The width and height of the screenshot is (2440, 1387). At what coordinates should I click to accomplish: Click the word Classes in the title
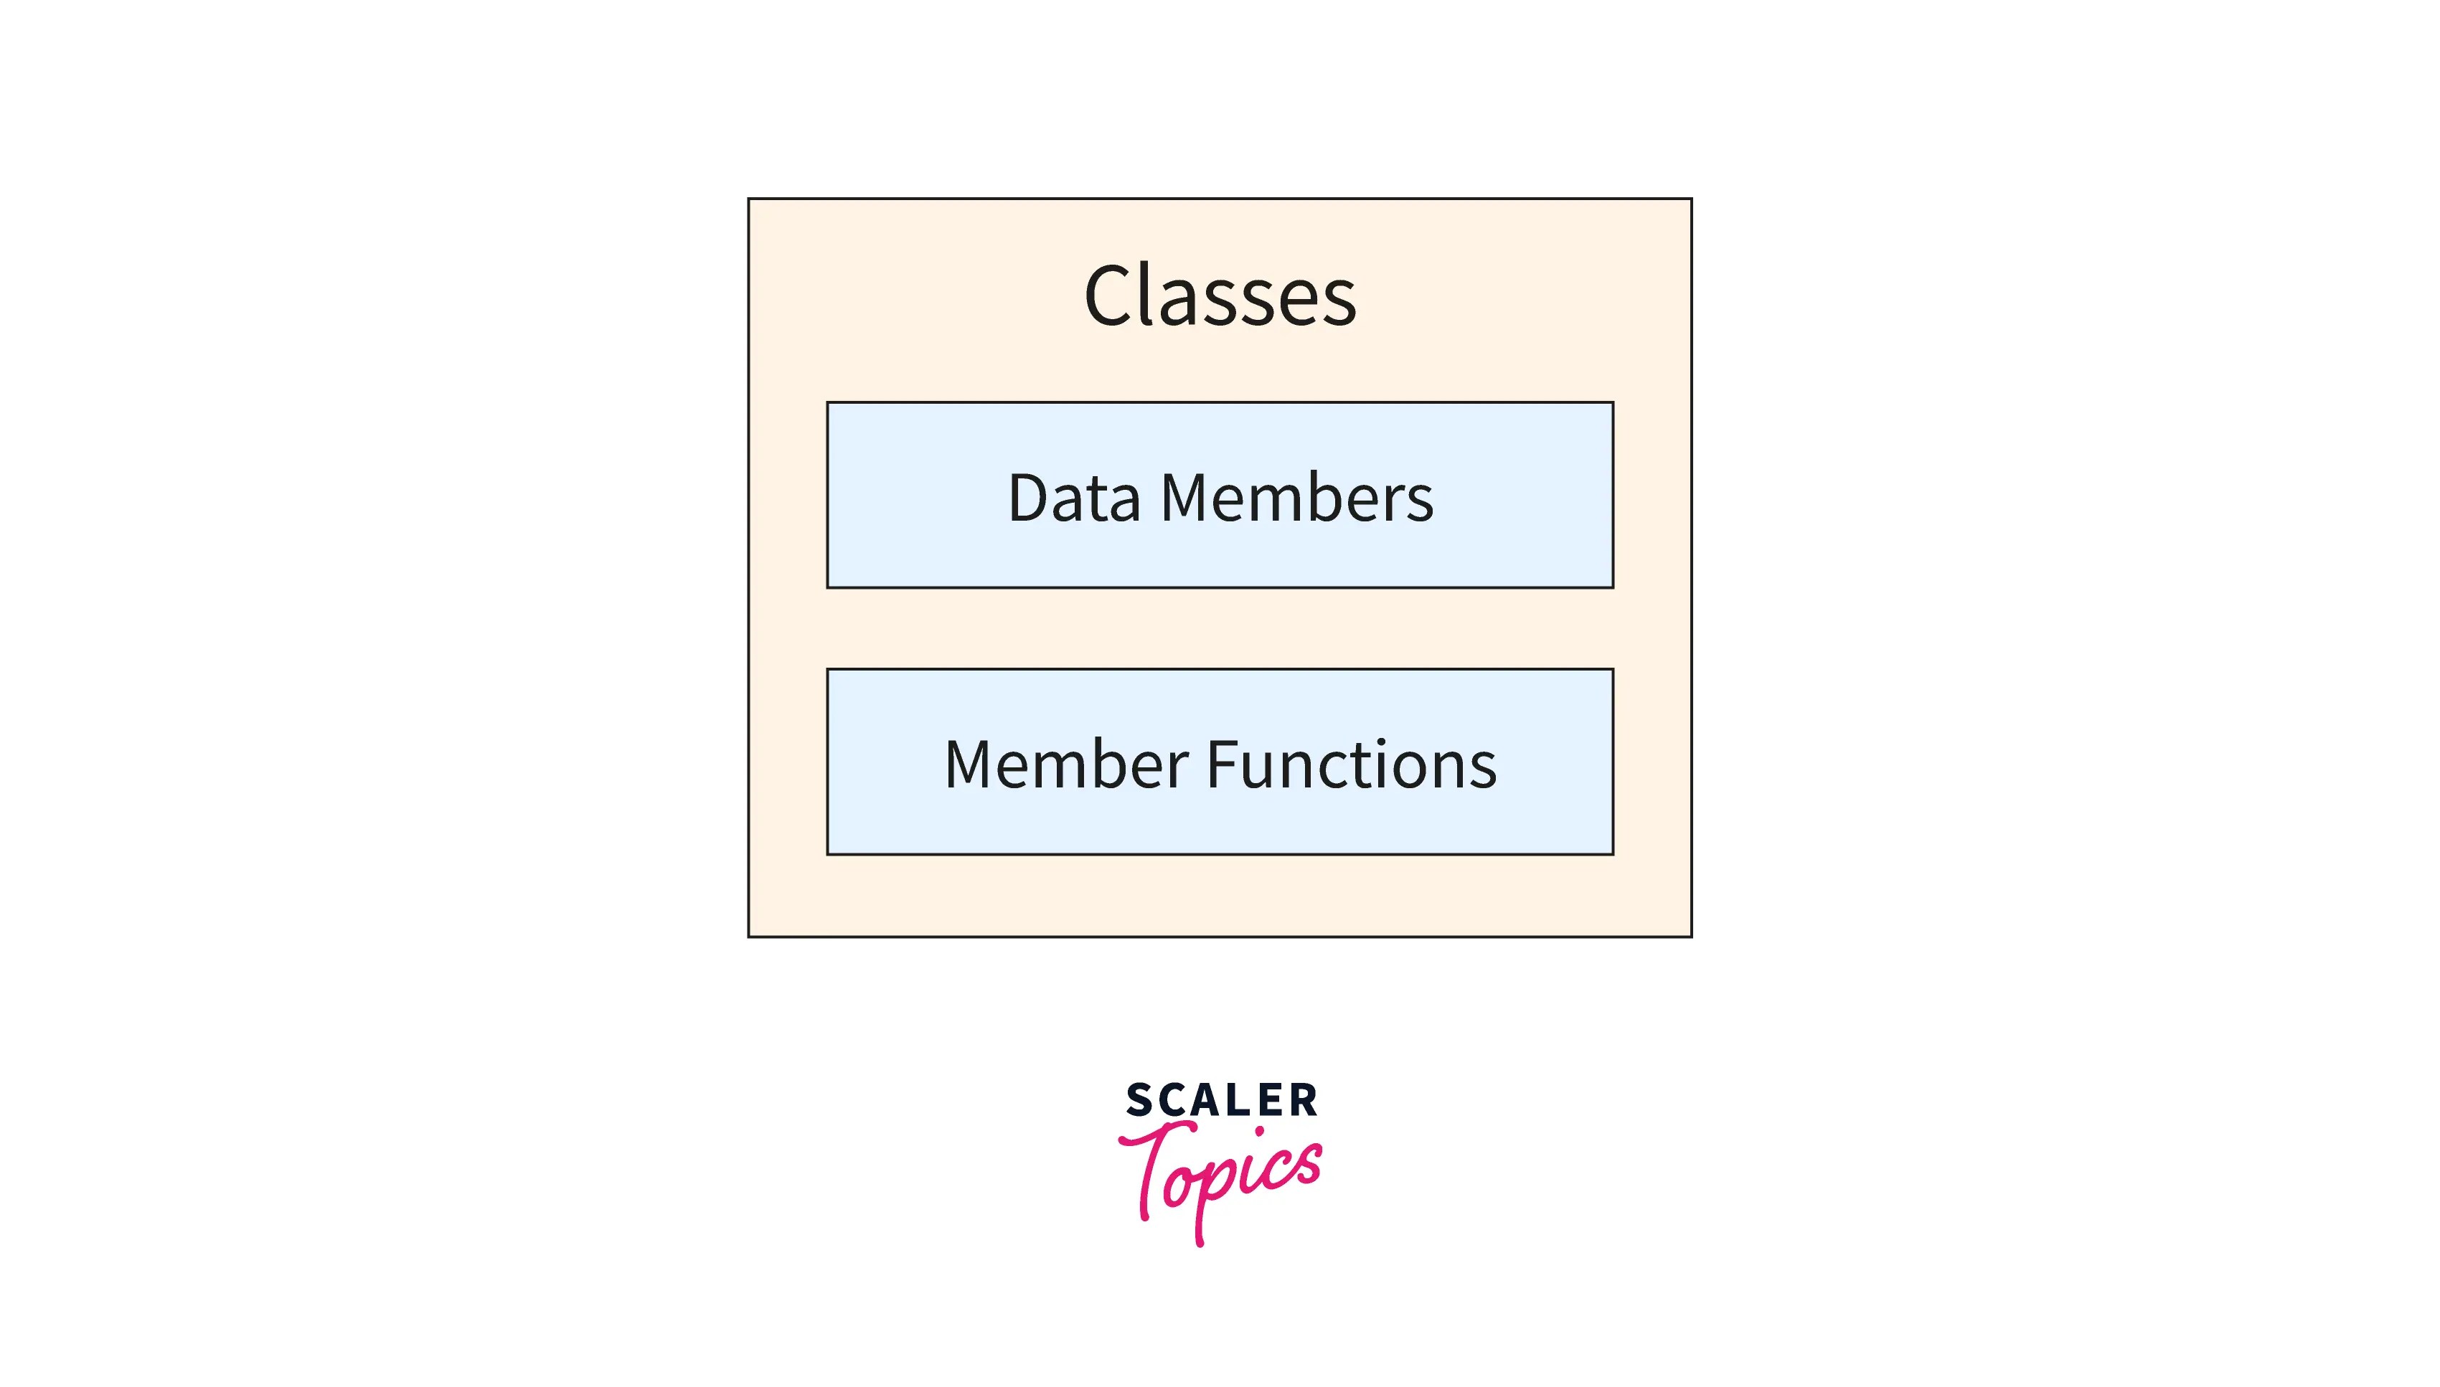[1220, 296]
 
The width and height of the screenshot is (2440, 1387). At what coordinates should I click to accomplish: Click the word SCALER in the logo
[1221, 1100]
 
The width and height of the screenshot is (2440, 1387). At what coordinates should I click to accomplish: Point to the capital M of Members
[1186, 498]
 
